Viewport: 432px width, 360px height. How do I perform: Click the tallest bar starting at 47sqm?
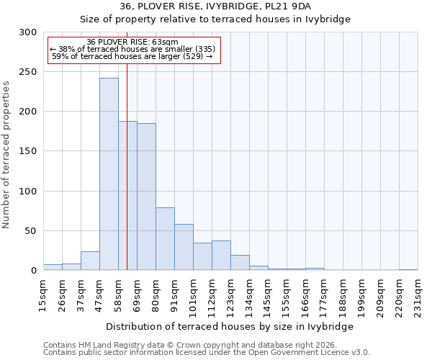pos(109,174)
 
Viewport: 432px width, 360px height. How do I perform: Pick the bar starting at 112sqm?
pos(221,256)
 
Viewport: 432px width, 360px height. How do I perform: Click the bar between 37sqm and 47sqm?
pos(90,261)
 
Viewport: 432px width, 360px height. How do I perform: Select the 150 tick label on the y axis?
pos(29,151)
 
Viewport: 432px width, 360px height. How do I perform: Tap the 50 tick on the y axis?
pos(31,231)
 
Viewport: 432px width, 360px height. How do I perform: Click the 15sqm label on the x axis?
pos(43,295)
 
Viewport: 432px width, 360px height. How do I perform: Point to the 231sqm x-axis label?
pos(418,295)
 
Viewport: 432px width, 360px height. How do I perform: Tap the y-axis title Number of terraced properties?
pos(6,155)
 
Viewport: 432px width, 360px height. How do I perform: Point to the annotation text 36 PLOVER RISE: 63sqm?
pos(132,42)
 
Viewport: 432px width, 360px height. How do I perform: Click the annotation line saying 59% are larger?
pos(132,56)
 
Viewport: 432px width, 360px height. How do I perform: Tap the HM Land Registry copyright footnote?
pos(194,345)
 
